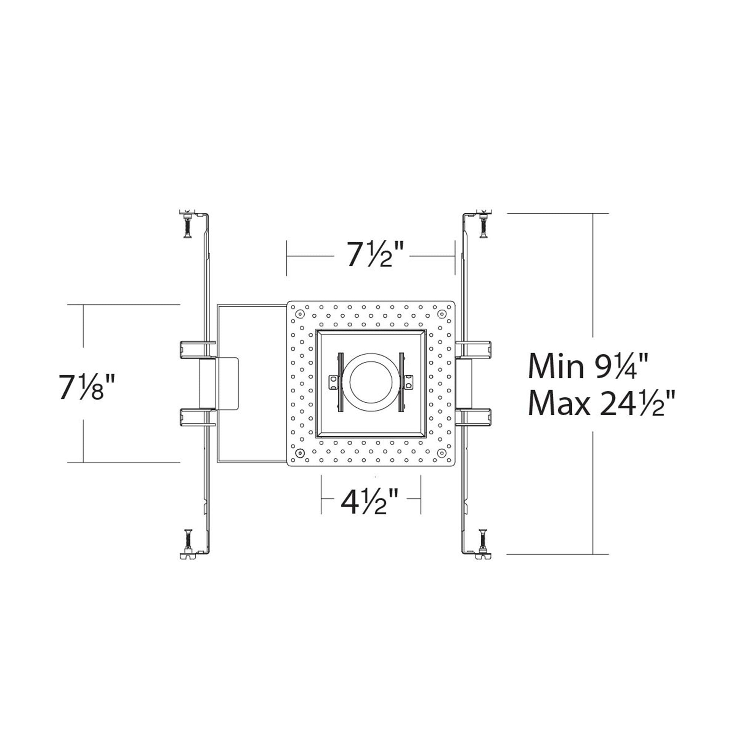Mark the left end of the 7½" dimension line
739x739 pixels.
[x=287, y=256]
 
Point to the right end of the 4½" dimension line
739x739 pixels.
[x=421, y=499]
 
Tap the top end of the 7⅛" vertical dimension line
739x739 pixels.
[x=84, y=304]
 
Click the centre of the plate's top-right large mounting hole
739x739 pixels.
[x=442, y=314]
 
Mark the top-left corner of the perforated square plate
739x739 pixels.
[x=287, y=301]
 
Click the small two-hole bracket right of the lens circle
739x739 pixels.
[x=409, y=382]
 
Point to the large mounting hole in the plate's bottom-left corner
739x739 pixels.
[x=300, y=452]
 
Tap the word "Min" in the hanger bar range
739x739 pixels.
[x=556, y=367]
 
